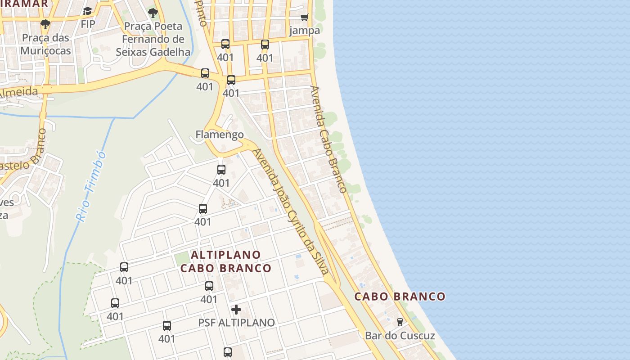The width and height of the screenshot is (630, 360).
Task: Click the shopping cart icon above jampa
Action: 305,18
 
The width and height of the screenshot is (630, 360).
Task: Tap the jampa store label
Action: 305,31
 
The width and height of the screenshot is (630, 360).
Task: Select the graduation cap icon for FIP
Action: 88,11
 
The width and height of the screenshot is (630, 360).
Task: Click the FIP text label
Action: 88,24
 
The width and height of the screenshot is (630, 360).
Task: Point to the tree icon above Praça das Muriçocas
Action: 45,24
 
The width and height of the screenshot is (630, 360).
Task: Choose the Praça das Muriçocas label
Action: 45,44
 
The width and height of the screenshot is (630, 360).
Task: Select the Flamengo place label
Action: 220,135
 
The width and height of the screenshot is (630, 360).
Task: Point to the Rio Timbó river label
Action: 91,186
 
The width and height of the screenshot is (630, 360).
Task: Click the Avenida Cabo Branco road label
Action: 328,139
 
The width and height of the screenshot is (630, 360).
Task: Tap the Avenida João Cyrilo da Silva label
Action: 291,211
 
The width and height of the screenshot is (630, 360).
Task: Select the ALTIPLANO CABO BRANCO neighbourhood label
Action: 226,261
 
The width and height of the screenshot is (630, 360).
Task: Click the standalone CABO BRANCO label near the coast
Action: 400,297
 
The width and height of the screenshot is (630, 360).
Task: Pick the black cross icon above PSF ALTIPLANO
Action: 236,310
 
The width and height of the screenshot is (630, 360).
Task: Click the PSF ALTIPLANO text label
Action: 236,323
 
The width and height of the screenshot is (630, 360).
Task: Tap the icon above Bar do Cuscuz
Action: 400,322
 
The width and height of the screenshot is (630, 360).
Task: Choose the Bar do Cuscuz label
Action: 400,336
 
